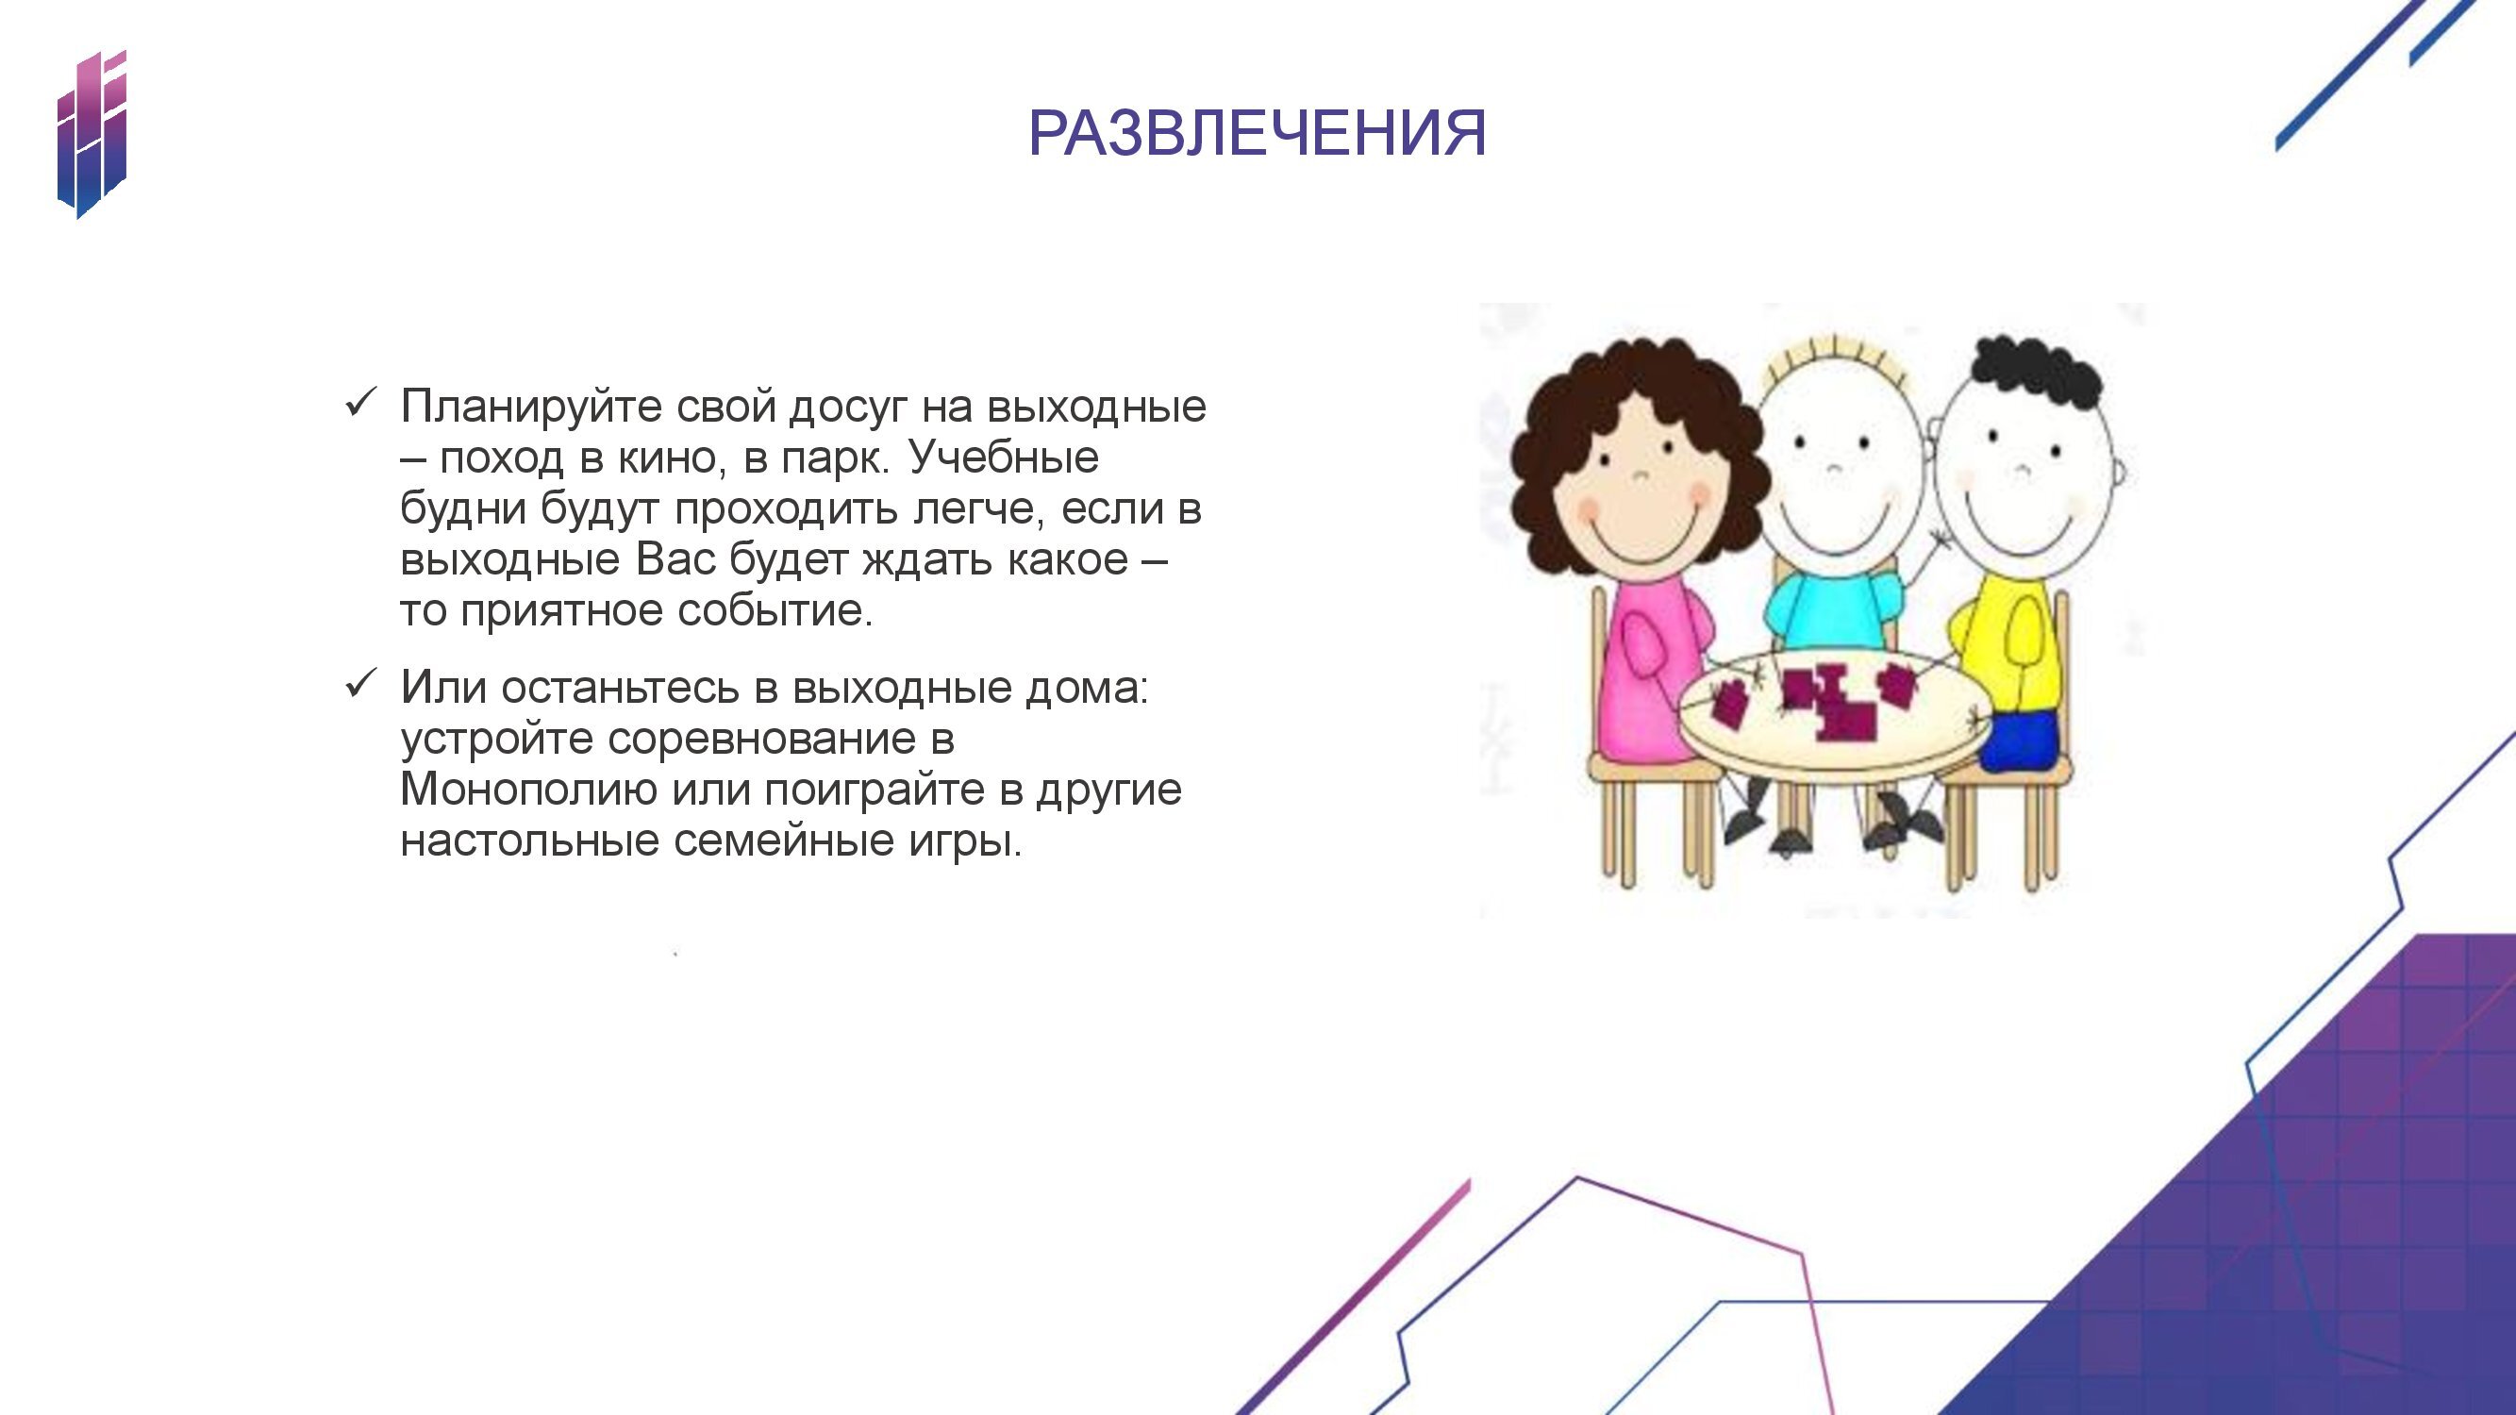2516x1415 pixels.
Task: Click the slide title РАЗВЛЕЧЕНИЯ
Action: click(1257, 133)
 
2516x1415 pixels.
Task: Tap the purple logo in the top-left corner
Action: click(92, 134)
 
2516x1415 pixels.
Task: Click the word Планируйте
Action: click(531, 407)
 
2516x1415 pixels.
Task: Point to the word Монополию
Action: click(528, 789)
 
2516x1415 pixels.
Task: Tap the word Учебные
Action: click(1003, 457)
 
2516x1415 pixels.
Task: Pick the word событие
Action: click(775, 610)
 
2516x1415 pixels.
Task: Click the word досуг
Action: click(848, 407)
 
